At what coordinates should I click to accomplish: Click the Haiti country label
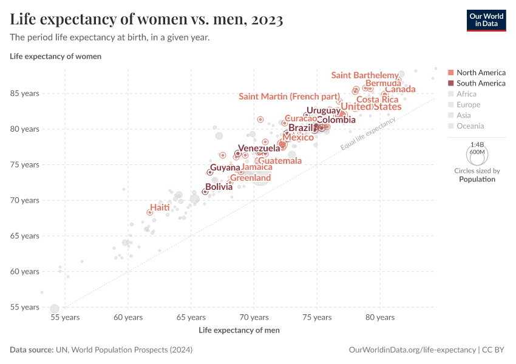coord(160,207)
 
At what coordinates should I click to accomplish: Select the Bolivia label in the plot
coord(219,187)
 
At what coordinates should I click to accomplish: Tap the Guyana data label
coord(225,167)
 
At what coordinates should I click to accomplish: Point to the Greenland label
coord(250,178)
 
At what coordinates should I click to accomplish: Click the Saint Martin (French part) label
coord(289,96)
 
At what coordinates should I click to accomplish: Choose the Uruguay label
coord(323,110)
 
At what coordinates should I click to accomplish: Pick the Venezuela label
coord(259,148)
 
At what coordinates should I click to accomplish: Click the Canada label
coord(400,90)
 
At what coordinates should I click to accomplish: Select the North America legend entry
coord(481,72)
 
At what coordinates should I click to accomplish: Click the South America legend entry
coord(481,83)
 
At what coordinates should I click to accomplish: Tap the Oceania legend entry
coord(470,126)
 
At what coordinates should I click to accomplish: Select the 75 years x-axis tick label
coord(317,317)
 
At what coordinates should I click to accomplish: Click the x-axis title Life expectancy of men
coord(239,331)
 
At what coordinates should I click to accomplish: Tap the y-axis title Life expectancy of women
coord(55,56)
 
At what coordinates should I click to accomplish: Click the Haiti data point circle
coord(150,212)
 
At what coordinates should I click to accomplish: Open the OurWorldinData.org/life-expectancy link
coord(412,350)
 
